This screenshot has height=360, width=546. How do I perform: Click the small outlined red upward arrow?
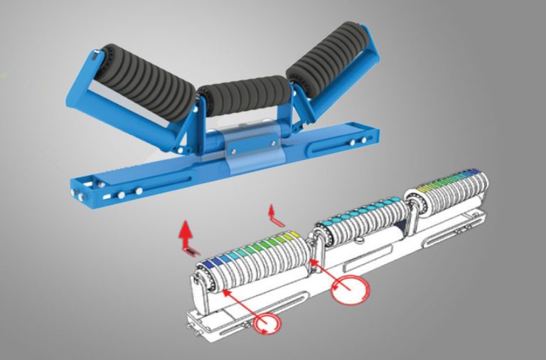coord(272,211)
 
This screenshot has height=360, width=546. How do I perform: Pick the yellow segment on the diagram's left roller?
coord(287,235)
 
